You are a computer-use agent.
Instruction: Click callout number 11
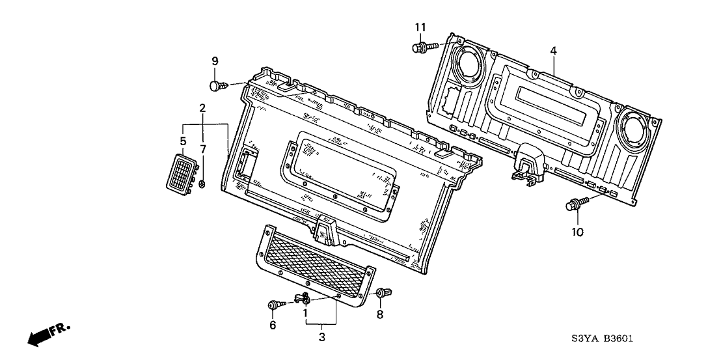coord(421,27)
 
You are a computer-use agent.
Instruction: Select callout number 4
coord(552,50)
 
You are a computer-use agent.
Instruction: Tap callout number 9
coord(214,61)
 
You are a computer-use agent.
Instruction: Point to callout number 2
coord(202,107)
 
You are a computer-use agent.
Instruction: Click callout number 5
coord(184,141)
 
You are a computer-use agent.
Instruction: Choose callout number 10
coord(577,231)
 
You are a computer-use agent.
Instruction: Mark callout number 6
coord(273,325)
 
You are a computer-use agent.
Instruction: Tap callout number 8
coord(380,315)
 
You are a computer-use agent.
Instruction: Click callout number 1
coord(305,313)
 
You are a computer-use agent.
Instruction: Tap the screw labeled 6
coord(275,304)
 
